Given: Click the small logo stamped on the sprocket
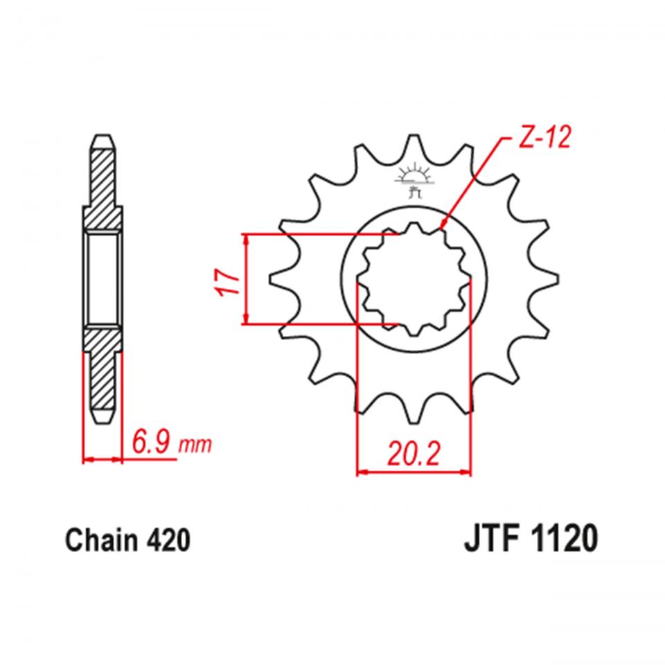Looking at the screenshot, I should [x=414, y=181].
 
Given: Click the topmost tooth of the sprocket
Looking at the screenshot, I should [x=414, y=147].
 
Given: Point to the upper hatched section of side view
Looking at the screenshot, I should [x=103, y=187].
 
